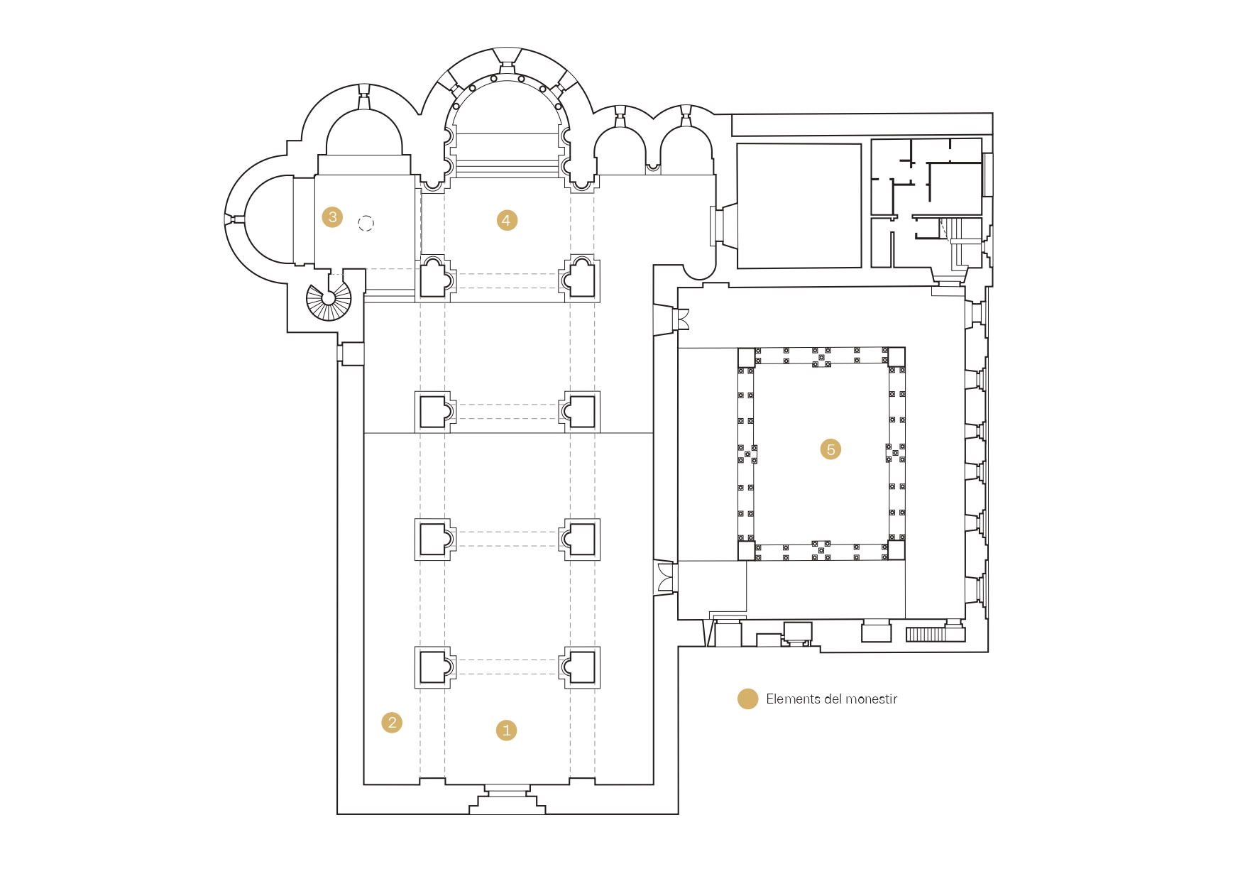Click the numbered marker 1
pos(506,730)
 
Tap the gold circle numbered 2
pos(392,723)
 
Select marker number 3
pos(332,217)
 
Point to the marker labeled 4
pos(506,220)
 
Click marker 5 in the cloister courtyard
pos(830,449)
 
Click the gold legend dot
pos(747,699)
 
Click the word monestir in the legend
pos(871,699)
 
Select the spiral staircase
pos(329,299)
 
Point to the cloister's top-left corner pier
pos(747,357)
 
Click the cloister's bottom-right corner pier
pos(896,550)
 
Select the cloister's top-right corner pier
pos(896,357)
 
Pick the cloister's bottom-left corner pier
pos(747,550)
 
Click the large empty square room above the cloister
pos(799,206)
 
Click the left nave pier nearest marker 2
pos(434,667)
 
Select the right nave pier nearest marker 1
pos(580,667)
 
